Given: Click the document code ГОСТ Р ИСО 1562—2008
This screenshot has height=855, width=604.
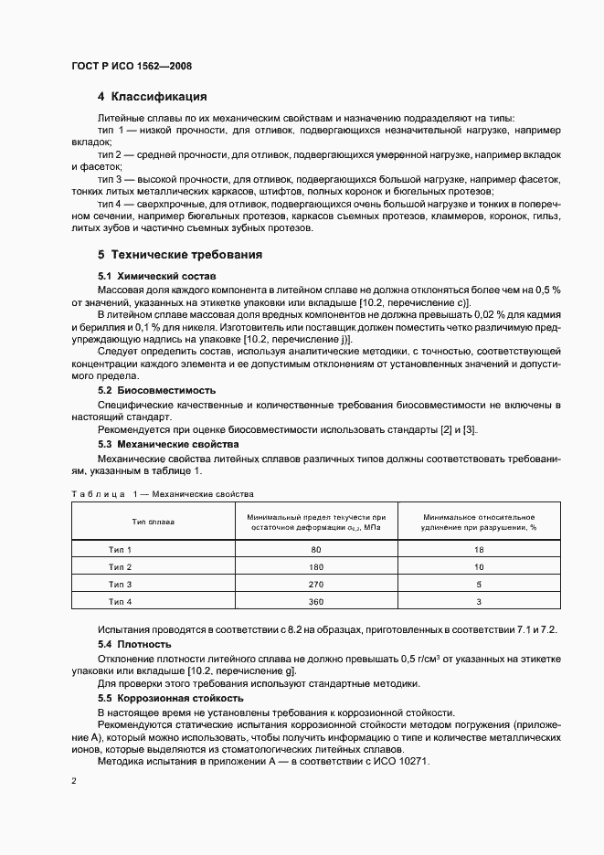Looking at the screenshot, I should [131, 66].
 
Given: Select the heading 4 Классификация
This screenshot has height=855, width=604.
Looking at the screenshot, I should [152, 97].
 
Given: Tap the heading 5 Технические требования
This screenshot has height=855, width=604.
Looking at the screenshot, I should [180, 254].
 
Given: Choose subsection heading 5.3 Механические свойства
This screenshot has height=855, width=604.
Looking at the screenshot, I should [156, 444].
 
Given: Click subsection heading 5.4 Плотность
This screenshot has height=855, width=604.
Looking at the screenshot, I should [134, 644].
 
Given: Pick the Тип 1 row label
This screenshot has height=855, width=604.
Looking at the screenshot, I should [121, 550].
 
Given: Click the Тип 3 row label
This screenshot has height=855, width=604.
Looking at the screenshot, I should [121, 584].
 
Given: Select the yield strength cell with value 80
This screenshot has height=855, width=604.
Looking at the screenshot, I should [316, 550].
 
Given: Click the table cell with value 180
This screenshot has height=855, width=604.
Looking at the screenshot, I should [316, 567].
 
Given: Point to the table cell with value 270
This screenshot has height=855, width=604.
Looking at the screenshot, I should [316, 584].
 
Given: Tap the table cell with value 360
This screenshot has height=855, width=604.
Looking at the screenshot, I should [316, 601].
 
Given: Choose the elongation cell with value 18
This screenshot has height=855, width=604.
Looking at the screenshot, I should [479, 550].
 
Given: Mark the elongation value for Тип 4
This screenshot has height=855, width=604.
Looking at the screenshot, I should [479, 601].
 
